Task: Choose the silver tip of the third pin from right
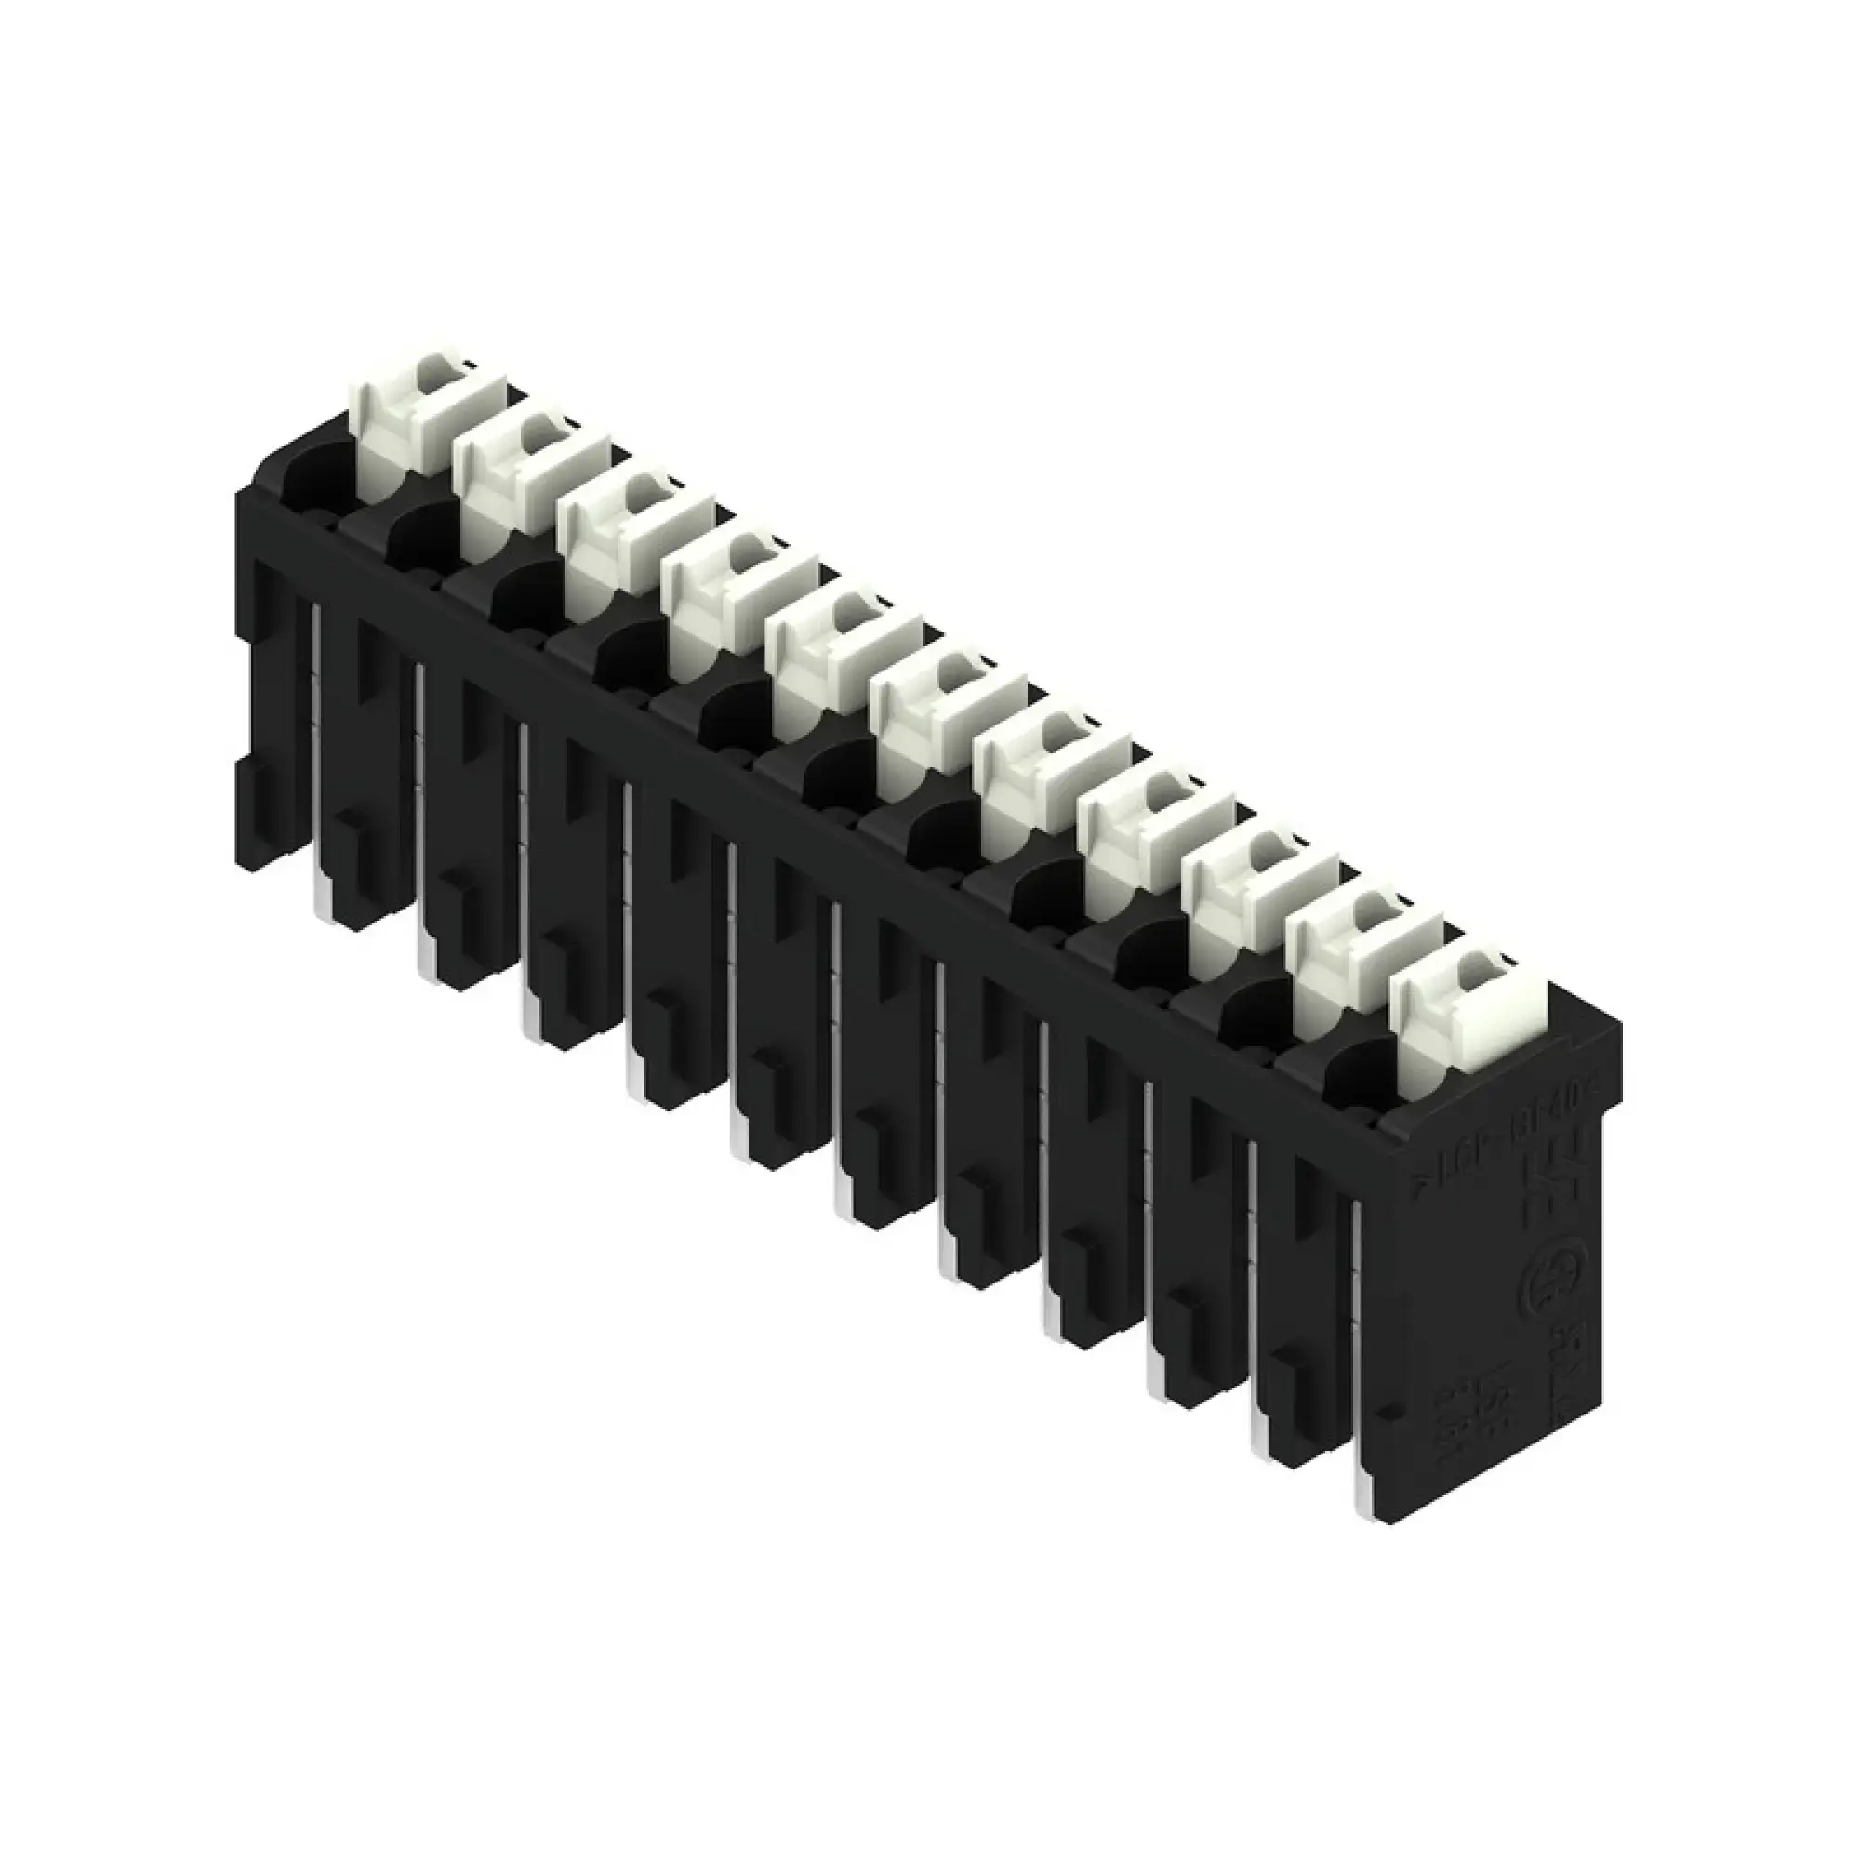[x=1155, y=1387]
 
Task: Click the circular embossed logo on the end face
[x=1545, y=1295]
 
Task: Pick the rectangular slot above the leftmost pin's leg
[x=371, y=664]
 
